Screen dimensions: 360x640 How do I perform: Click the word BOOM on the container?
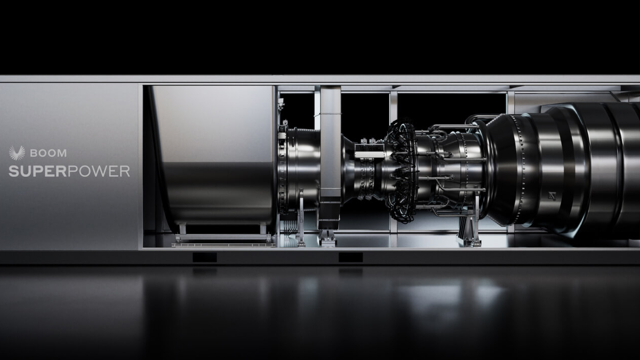pyautogui.click(x=48, y=153)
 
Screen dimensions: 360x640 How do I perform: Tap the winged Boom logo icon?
pyautogui.click(x=17, y=153)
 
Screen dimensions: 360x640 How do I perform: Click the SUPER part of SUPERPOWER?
pyautogui.click(x=36, y=171)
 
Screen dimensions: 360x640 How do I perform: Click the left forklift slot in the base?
pyautogui.click(x=204, y=257)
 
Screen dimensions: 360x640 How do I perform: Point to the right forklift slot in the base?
pyautogui.click(x=350, y=257)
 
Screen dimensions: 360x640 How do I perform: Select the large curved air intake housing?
pyautogui.click(x=213, y=155)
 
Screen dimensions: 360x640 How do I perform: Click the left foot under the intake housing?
pyautogui.click(x=182, y=229)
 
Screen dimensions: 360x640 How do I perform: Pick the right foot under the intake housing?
pyautogui.click(x=262, y=229)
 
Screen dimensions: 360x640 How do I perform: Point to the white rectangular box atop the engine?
pyautogui.click(x=370, y=155)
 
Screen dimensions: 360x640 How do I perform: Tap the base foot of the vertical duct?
pyautogui.click(x=327, y=237)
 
